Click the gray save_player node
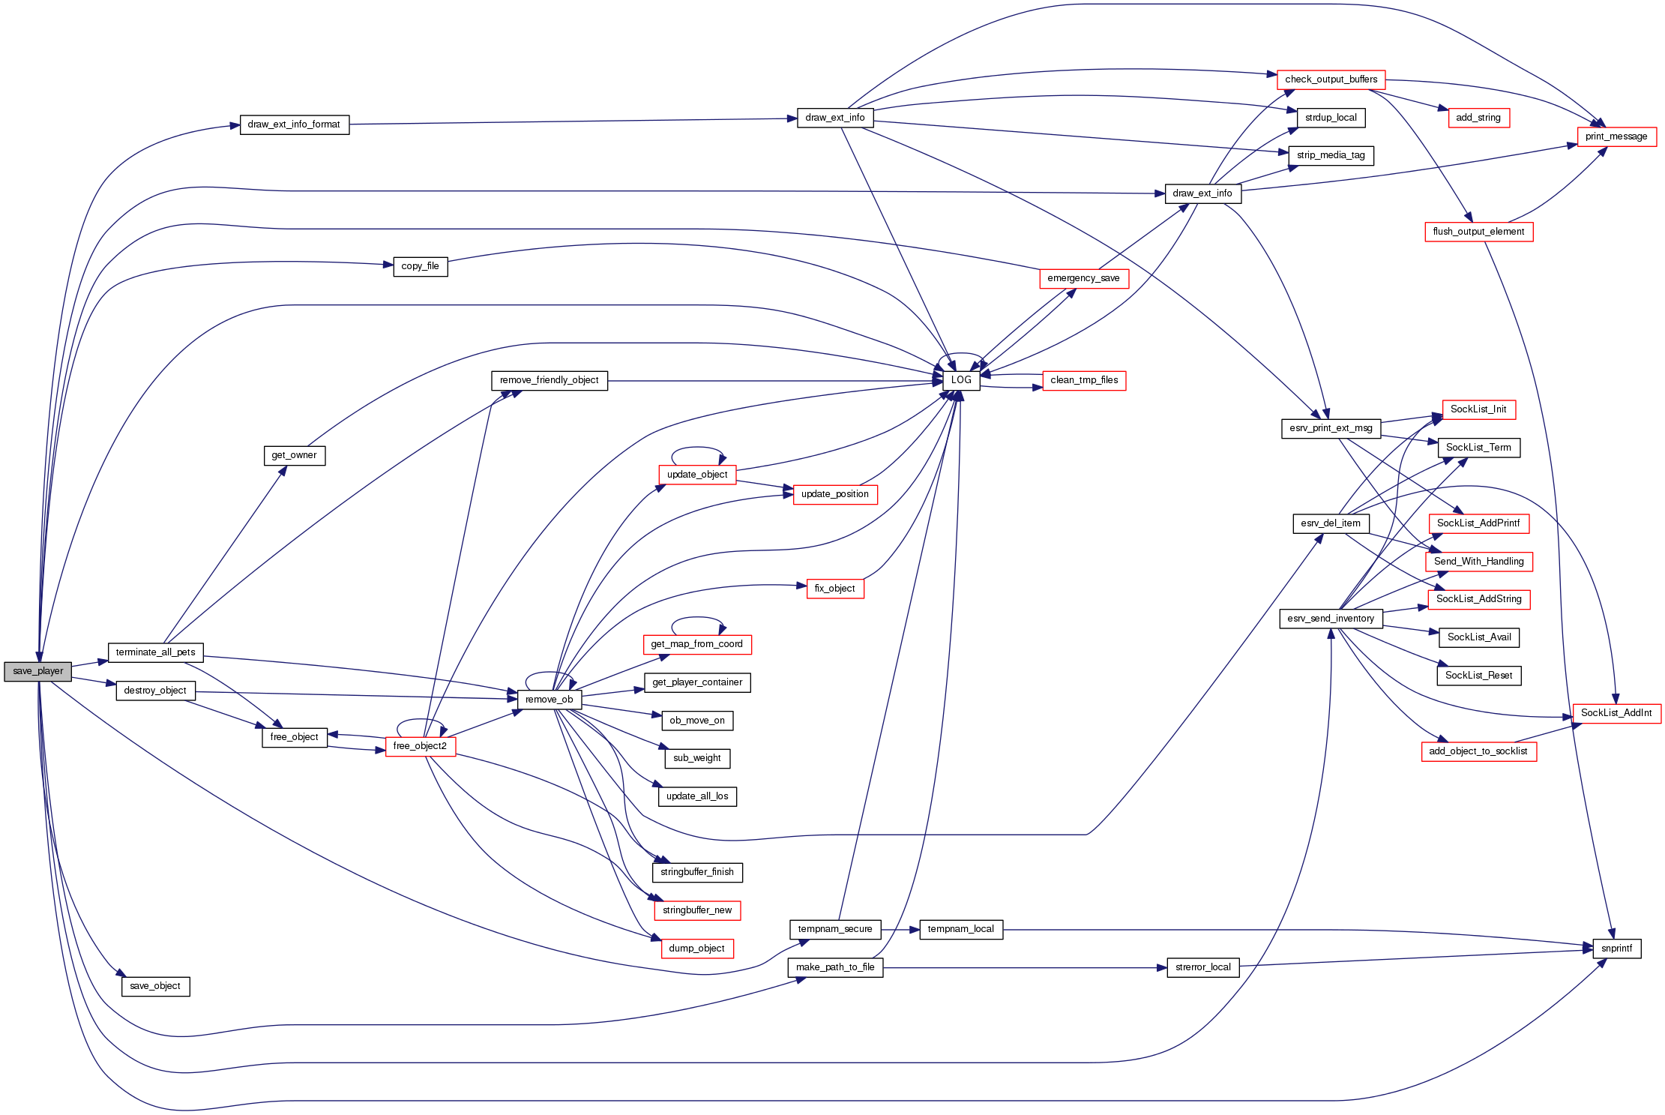click(x=37, y=671)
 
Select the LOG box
click(x=960, y=380)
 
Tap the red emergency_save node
click(x=1083, y=278)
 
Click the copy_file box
click(x=420, y=266)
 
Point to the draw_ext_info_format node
click(x=294, y=124)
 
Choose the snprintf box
click(x=1616, y=949)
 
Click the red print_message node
click(x=1616, y=136)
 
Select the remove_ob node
click(x=549, y=700)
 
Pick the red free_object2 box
click(x=420, y=746)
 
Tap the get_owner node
click(x=294, y=455)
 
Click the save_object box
click(x=155, y=986)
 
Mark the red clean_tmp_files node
click(x=1084, y=380)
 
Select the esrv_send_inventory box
click(x=1331, y=619)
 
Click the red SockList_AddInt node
click(x=1616, y=713)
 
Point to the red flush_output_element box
click(x=1478, y=232)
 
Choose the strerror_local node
click(x=1202, y=967)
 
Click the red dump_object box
click(x=696, y=949)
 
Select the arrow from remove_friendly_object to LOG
click(x=772, y=381)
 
